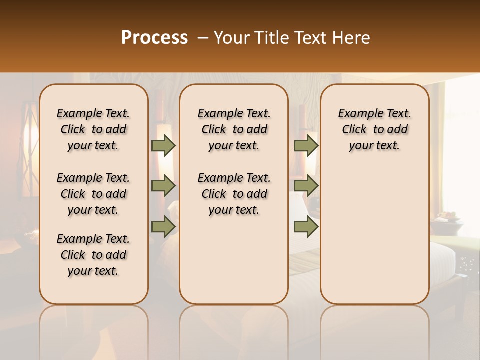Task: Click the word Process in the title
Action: [x=154, y=38]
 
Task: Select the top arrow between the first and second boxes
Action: [x=163, y=145]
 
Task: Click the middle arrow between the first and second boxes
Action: [x=163, y=186]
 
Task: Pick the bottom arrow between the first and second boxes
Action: [x=163, y=226]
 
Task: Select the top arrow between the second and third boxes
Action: [x=306, y=145]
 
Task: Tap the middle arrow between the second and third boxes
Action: [x=306, y=186]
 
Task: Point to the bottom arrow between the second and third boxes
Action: [x=306, y=226]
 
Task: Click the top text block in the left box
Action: [x=93, y=129]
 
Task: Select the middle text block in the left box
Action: [x=93, y=194]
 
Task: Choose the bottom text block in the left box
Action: [x=93, y=255]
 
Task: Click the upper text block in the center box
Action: [x=234, y=129]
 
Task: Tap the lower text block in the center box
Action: [x=234, y=194]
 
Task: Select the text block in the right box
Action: [x=374, y=129]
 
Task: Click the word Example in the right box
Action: [x=357, y=113]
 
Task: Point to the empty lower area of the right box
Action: [x=374, y=235]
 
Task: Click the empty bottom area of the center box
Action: [x=234, y=265]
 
